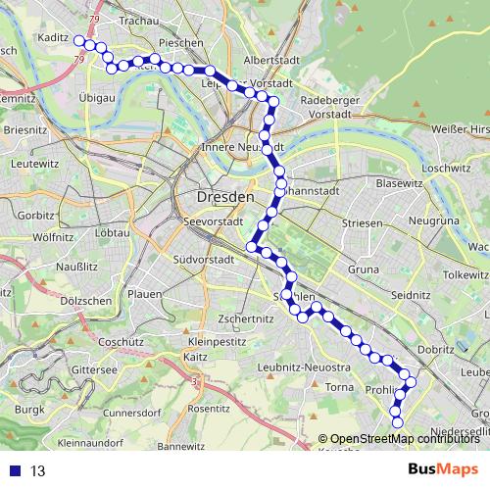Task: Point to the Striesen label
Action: tap(363, 223)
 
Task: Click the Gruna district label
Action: tap(364, 268)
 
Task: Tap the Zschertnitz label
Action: tap(245, 318)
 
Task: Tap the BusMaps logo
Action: tap(442, 470)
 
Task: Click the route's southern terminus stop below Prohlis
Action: tap(398, 422)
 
